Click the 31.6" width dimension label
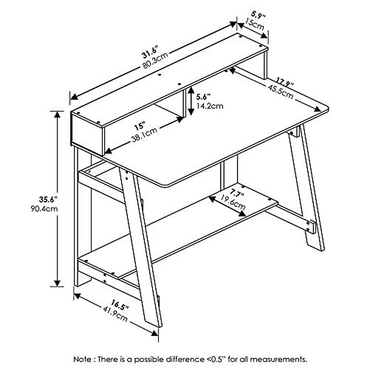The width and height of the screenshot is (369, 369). [149, 52]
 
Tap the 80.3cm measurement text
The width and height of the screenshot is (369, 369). [155, 61]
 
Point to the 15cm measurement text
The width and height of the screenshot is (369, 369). [254, 24]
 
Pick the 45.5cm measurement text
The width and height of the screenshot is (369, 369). [280, 91]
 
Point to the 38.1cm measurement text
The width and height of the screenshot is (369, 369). [144, 135]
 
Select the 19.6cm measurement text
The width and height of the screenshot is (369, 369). [234, 203]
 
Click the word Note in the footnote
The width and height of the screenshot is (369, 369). [82, 359]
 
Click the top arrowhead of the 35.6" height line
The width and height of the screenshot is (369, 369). [57, 114]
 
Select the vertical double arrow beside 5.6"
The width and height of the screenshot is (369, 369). [191, 101]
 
